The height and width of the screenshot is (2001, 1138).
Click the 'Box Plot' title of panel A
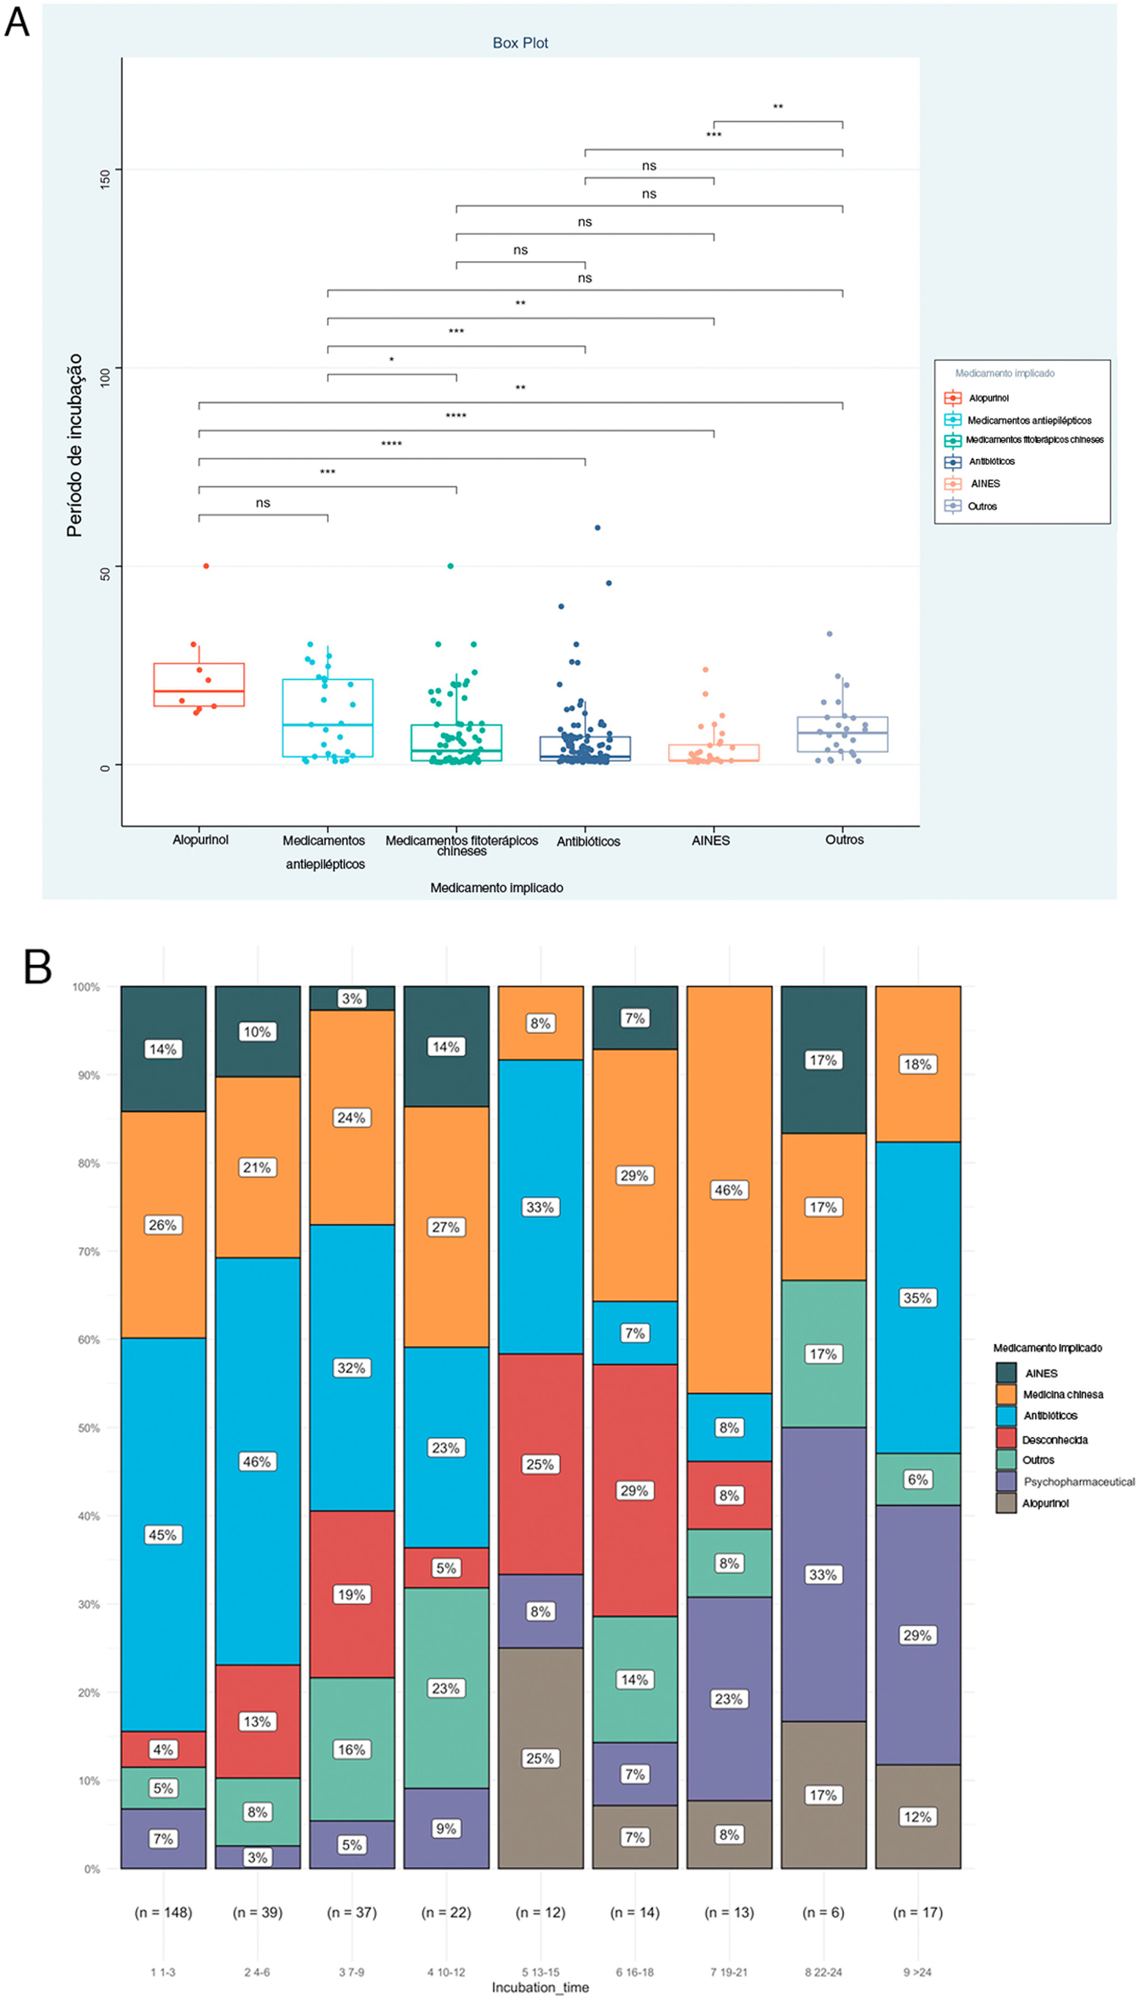pyautogui.click(x=520, y=43)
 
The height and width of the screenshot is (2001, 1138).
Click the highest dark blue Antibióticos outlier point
pyautogui.click(x=597, y=528)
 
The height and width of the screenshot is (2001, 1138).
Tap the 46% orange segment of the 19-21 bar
pyautogui.click(x=728, y=1190)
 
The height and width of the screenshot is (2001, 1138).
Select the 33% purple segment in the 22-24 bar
pyautogui.click(x=823, y=1574)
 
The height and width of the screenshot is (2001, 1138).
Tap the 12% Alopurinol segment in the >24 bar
pyautogui.click(x=918, y=1816)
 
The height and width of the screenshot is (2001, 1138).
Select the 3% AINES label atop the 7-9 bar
pyautogui.click(x=352, y=999)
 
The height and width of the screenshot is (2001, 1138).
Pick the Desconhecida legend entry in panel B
pyautogui.click(x=1054, y=1439)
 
